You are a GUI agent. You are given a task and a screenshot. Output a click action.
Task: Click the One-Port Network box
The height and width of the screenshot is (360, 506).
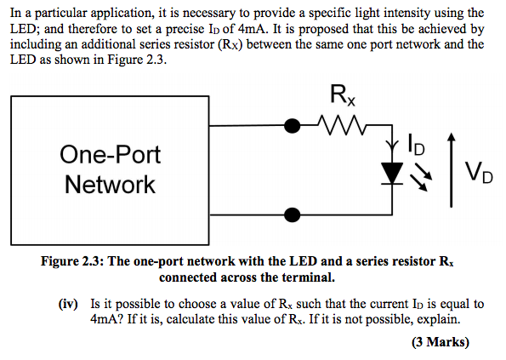coord(108,169)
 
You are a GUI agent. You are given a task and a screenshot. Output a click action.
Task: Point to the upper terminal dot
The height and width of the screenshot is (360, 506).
coord(293,126)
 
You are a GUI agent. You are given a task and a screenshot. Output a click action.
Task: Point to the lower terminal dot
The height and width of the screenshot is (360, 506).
coord(293,214)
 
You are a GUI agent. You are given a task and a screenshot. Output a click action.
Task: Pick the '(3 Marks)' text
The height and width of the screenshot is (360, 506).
coord(440,343)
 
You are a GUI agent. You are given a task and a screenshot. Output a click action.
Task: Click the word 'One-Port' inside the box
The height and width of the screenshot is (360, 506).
coord(110,155)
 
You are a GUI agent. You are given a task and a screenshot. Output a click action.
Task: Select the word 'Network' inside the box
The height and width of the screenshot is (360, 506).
coord(110,184)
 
